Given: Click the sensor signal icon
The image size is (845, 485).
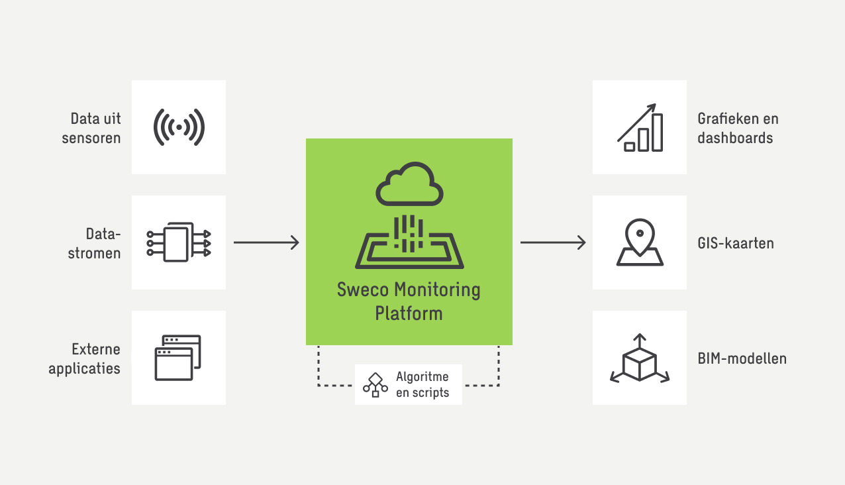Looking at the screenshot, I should point(179,127).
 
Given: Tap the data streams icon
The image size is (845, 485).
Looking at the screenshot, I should point(178,242).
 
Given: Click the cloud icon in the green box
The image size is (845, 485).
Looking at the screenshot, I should point(409,185).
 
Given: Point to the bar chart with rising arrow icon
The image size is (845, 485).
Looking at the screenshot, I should point(640,127).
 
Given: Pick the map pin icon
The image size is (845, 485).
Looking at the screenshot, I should point(640,242).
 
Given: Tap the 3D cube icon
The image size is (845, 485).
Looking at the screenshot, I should point(640,358).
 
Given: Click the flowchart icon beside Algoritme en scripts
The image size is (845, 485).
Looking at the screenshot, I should point(375,385).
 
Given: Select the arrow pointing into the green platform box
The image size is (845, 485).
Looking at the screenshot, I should point(266,243).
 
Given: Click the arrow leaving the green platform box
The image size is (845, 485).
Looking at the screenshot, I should point(553,243).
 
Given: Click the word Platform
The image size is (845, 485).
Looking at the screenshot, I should point(409,313).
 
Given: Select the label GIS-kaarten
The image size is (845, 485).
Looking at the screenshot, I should point(736,243).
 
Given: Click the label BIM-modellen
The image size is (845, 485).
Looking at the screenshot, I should point(742,358).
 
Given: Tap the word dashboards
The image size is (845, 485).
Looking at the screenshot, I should point(735,138).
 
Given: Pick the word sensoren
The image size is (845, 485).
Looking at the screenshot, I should point(91,138).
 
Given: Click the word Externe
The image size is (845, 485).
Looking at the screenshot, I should point(96,349).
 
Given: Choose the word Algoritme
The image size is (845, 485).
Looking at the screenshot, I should point(422,376).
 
